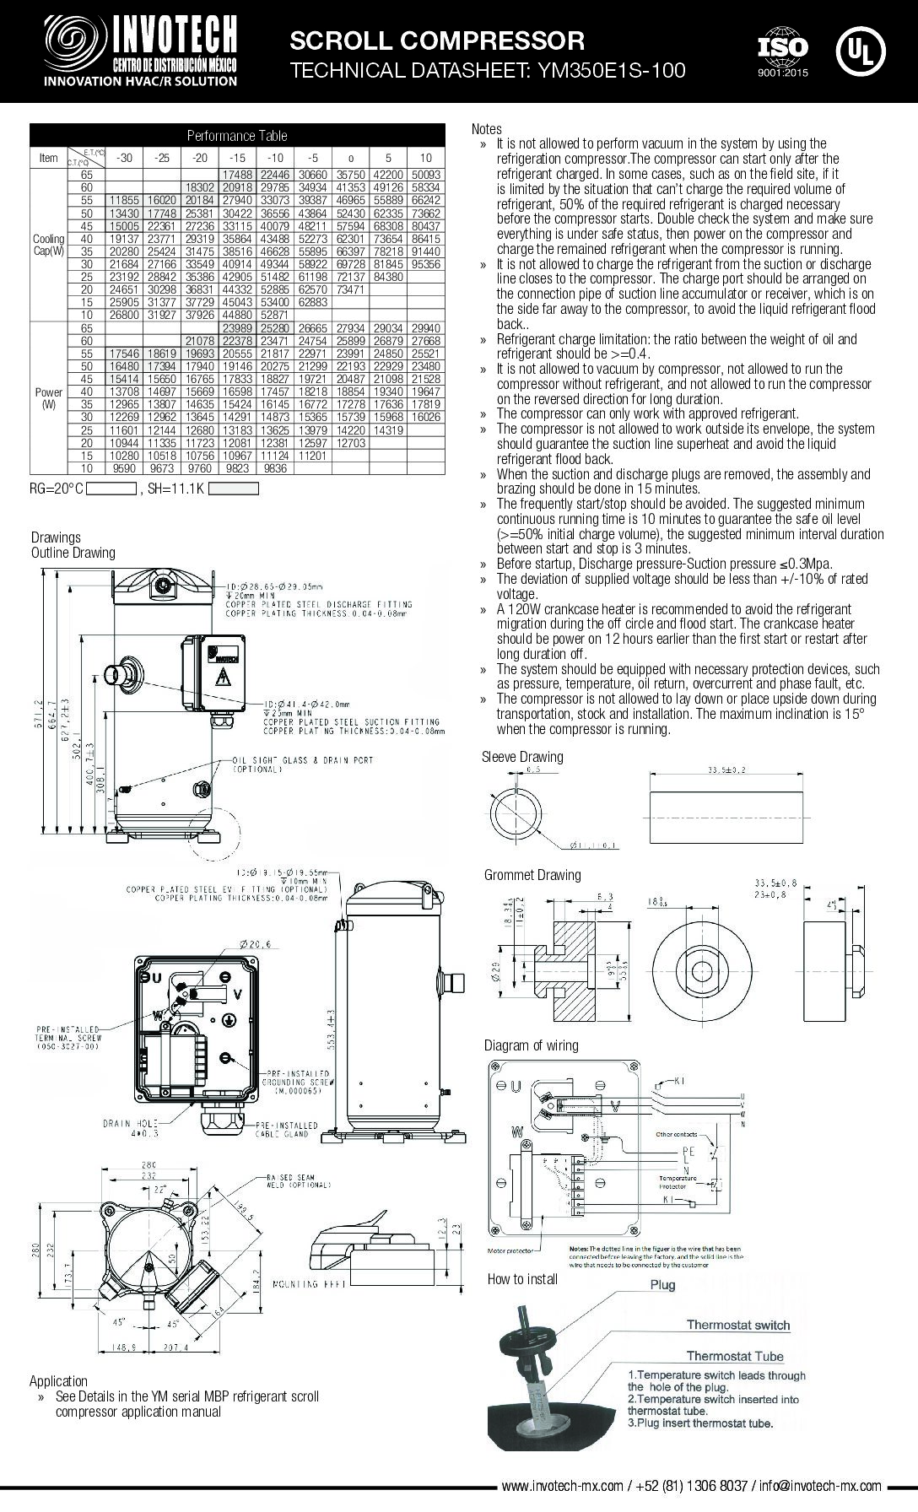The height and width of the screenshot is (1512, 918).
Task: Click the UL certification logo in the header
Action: tap(860, 50)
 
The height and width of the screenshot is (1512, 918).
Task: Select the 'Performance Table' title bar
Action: tap(236, 135)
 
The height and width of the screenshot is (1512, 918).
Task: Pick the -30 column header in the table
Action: tap(125, 157)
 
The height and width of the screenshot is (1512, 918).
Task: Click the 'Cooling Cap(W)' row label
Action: tap(48, 245)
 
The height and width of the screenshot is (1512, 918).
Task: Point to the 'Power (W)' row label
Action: tap(48, 398)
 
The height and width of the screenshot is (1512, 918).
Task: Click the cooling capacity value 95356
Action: tap(425, 264)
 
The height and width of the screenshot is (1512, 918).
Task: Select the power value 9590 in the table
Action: tap(125, 468)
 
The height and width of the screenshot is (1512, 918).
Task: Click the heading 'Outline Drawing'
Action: tap(73, 553)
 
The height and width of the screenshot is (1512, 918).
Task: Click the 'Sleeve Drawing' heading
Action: tap(522, 757)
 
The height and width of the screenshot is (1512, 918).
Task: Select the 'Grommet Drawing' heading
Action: tap(532, 875)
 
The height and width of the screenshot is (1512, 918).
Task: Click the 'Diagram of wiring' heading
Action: tap(532, 1045)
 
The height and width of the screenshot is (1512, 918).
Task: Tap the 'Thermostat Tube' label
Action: tap(734, 1357)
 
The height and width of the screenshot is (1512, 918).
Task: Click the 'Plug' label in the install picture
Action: tap(662, 1285)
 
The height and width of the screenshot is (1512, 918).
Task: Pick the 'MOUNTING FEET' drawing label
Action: tap(305, 1284)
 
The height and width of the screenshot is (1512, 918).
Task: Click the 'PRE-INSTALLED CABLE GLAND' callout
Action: tap(286, 1130)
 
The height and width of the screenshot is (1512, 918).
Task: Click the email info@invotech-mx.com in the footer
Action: tap(819, 1486)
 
